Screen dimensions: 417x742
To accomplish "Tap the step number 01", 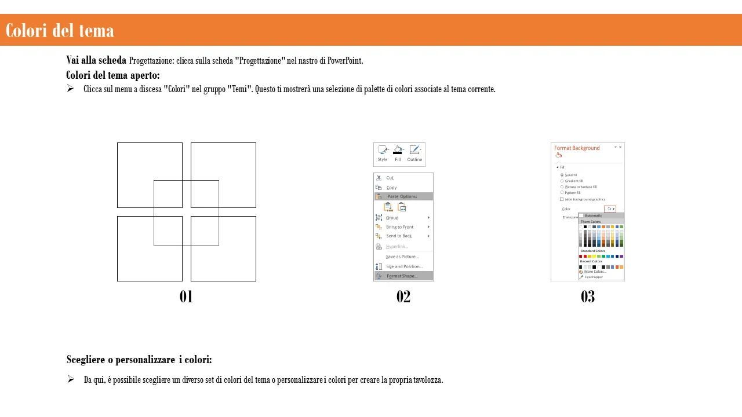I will pyautogui.click(x=186, y=297).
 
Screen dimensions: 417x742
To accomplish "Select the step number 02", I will pyautogui.click(x=403, y=297).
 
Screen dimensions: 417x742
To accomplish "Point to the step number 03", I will pyautogui.click(x=587, y=297).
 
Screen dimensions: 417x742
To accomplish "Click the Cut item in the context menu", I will pyautogui.click(x=390, y=178).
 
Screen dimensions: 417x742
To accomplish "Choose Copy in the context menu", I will pyautogui.click(x=391, y=188).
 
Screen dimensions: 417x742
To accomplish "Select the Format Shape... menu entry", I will pyautogui.click(x=402, y=276).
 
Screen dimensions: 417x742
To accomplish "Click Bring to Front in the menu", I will pyautogui.click(x=399, y=227).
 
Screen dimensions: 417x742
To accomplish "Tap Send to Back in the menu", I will pyautogui.click(x=399, y=236).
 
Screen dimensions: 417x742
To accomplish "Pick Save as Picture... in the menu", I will pyautogui.click(x=402, y=257).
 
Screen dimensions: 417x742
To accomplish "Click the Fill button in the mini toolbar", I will pyautogui.click(x=398, y=153).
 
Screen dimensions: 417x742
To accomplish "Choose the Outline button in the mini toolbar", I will pyautogui.click(x=414, y=153).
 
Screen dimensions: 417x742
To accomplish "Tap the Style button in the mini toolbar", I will pyautogui.click(x=383, y=153).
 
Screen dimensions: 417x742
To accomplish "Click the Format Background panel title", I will pyautogui.click(x=577, y=148).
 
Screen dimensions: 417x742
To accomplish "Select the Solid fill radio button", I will pyautogui.click(x=562, y=175).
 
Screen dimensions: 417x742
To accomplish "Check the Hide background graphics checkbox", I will pyautogui.click(x=562, y=199).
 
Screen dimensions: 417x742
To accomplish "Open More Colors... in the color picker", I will pyautogui.click(x=595, y=272).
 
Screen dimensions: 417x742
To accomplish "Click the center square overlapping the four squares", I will pyautogui.click(x=186, y=213).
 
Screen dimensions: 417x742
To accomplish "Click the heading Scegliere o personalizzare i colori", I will pyautogui.click(x=139, y=360).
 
